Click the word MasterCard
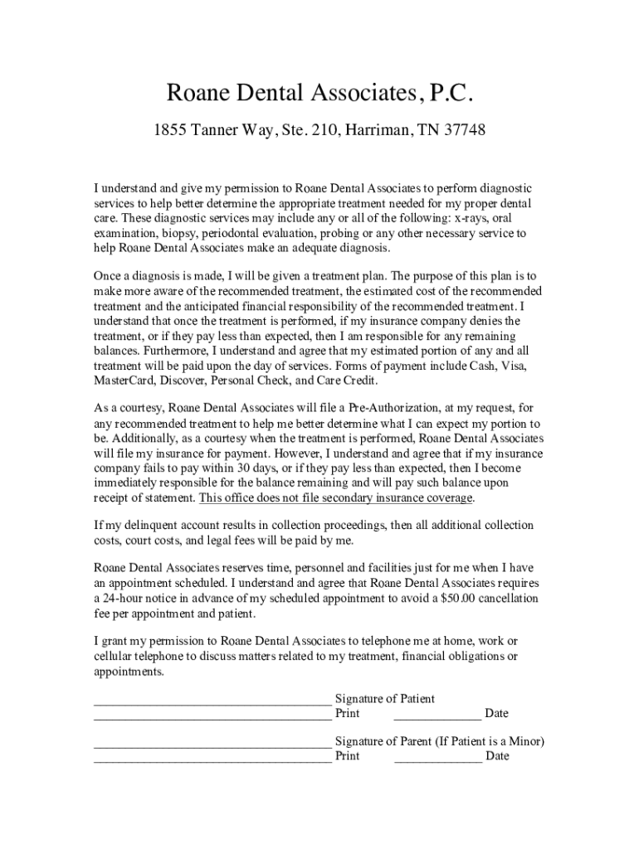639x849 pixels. tap(124, 381)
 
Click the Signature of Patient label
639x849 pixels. tap(384, 699)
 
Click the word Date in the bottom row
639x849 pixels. tap(497, 756)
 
